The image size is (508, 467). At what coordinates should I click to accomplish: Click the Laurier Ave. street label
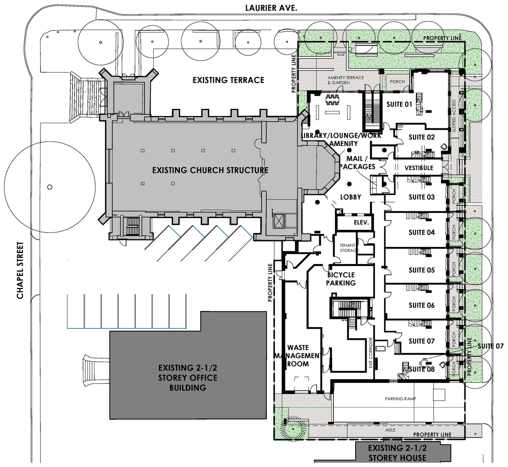(271, 8)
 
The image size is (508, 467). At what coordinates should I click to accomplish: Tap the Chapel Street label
(21, 270)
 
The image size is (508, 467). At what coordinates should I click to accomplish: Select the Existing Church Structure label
(210, 170)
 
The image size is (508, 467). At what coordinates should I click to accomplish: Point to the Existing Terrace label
(228, 80)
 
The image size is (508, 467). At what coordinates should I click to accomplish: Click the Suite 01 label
(399, 104)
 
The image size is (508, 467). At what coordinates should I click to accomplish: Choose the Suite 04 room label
(421, 232)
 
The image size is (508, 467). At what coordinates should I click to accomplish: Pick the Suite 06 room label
(421, 305)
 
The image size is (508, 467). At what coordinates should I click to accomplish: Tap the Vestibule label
(419, 168)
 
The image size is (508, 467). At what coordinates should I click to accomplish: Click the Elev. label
(362, 223)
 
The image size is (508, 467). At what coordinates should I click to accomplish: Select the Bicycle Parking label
(341, 279)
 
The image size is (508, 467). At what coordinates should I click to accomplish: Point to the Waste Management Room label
(298, 355)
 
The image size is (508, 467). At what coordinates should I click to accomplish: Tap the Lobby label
(351, 197)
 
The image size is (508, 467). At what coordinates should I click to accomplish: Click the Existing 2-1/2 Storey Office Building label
(188, 378)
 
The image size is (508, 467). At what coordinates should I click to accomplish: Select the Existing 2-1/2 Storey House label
(397, 453)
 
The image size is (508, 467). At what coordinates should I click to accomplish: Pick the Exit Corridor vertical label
(371, 353)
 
